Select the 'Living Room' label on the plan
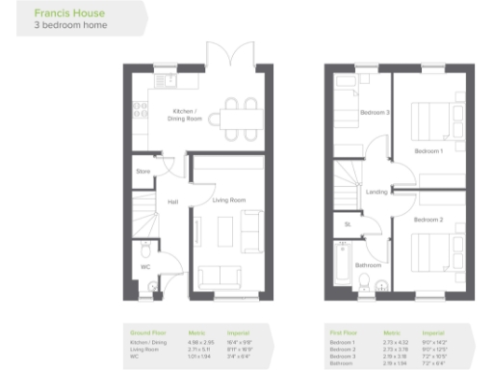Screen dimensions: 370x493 click(x=229, y=200)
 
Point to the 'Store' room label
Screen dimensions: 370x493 click(x=143, y=172)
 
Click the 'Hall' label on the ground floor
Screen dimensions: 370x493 click(x=172, y=202)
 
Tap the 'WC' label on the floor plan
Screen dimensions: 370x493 click(x=145, y=267)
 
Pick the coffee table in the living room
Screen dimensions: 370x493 click(x=224, y=232)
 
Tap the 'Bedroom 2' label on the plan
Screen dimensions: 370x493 click(x=428, y=220)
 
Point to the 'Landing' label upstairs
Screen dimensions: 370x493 click(x=376, y=192)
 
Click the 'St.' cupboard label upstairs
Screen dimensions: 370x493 click(x=347, y=225)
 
